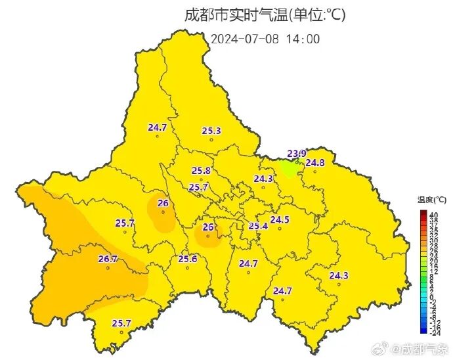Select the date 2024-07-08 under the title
click(x=245, y=38)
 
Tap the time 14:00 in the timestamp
click(x=303, y=38)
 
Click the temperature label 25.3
click(x=211, y=131)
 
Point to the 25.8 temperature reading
click(x=202, y=171)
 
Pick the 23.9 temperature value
click(x=297, y=154)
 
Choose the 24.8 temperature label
click(x=315, y=162)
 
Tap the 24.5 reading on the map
click(x=280, y=219)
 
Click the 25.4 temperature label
click(x=258, y=226)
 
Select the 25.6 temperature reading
click(x=188, y=259)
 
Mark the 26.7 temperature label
click(x=108, y=259)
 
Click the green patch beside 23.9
click(x=289, y=168)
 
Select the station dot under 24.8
click(x=314, y=171)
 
